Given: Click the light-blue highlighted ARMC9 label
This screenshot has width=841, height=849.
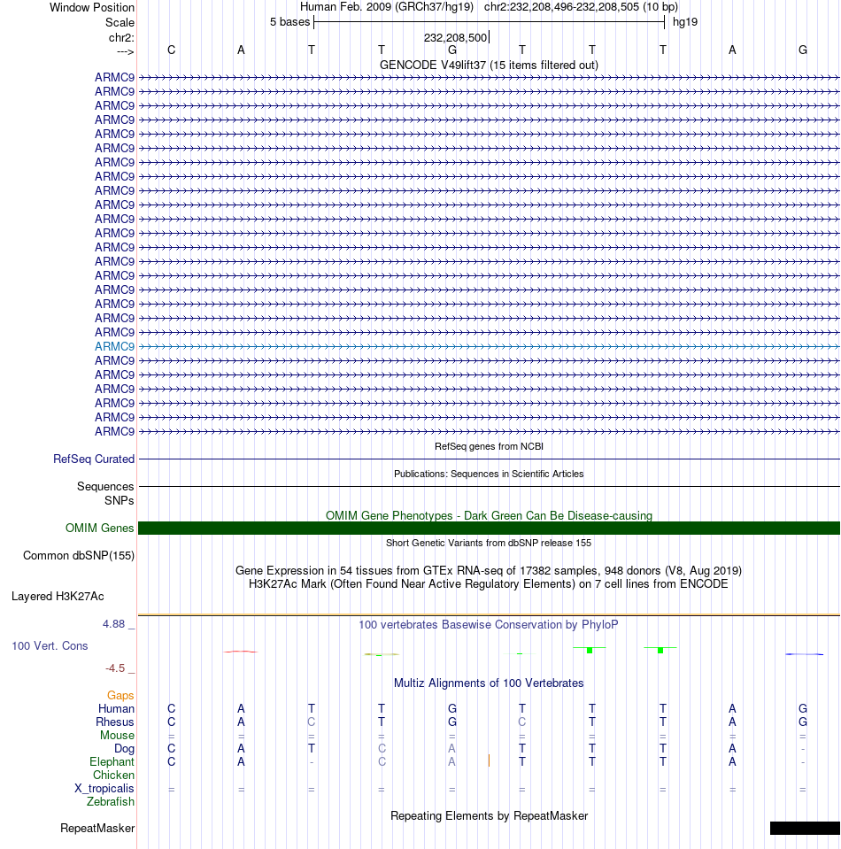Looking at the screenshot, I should click(x=114, y=346).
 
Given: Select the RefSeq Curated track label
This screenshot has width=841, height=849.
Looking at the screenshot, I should click(x=94, y=459).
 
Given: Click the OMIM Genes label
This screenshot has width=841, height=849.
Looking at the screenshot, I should click(x=100, y=529).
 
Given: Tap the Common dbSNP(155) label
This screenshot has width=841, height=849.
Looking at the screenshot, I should click(x=79, y=556).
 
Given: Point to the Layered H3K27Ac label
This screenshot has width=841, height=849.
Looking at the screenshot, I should click(x=70, y=597).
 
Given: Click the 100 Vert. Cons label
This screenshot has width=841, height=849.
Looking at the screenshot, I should click(x=50, y=646).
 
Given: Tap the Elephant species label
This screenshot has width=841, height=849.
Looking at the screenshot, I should click(x=112, y=762).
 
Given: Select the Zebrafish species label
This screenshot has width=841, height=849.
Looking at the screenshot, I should click(x=111, y=802).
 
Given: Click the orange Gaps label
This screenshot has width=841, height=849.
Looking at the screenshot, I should click(x=120, y=696).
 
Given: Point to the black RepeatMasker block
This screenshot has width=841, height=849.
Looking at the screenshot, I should click(x=805, y=829).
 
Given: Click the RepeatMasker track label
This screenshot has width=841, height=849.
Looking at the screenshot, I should click(x=97, y=829).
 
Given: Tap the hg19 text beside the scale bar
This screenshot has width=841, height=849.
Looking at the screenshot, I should click(x=685, y=21).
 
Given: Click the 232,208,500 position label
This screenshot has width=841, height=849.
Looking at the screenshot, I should click(x=455, y=37).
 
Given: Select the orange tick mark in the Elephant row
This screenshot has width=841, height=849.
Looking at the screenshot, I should click(x=489, y=760).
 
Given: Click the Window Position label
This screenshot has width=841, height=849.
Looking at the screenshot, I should click(x=92, y=8).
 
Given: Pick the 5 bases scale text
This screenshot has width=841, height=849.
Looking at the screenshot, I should click(x=289, y=21).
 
